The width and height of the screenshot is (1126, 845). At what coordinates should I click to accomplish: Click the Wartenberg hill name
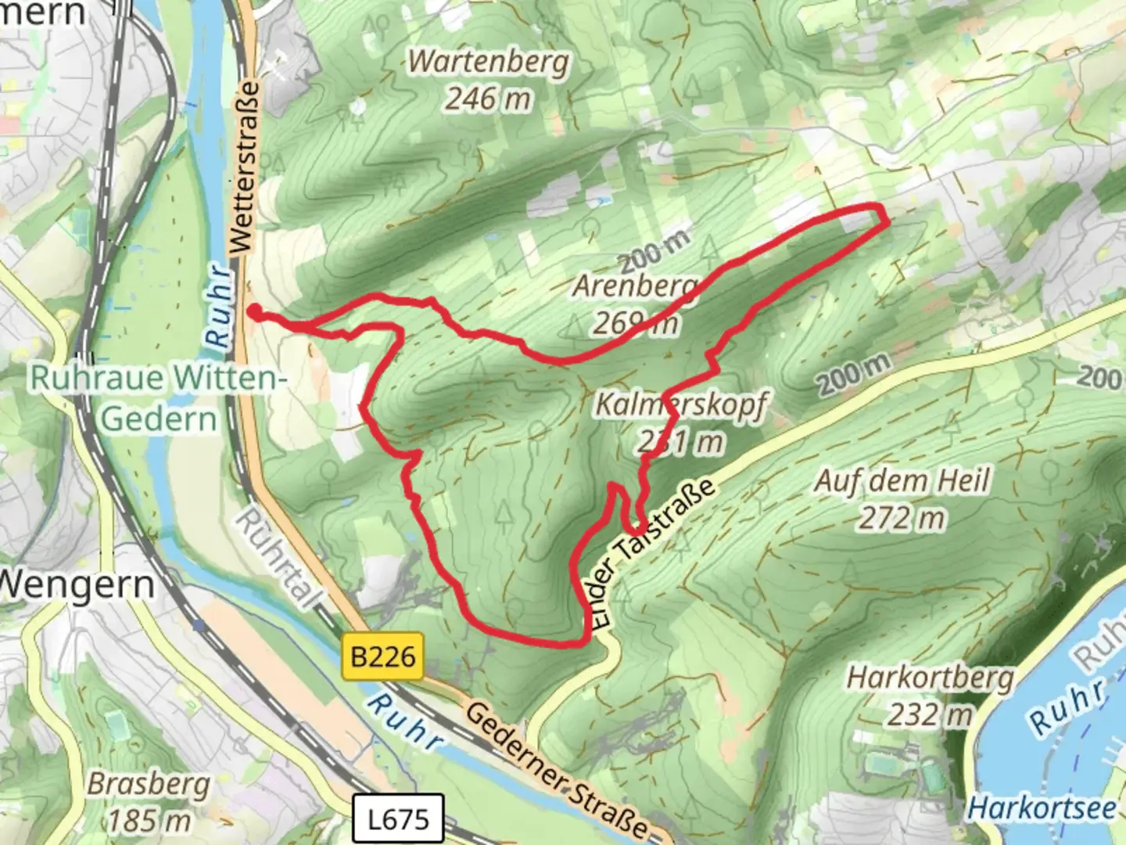(x=489, y=61)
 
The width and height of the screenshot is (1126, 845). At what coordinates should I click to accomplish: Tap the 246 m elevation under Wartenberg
(x=489, y=99)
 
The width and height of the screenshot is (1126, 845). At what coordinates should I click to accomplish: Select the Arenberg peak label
(x=635, y=286)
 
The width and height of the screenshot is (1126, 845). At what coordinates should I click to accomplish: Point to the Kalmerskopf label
(x=681, y=405)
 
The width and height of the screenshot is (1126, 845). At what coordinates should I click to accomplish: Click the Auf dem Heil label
(x=902, y=480)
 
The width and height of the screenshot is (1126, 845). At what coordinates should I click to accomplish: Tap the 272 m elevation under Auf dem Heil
(x=902, y=518)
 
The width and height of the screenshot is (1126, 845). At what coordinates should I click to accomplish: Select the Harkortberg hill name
(x=930, y=678)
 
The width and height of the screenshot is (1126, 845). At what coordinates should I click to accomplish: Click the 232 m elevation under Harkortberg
(x=930, y=714)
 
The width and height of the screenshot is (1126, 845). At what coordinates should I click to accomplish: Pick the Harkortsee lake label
(x=1042, y=808)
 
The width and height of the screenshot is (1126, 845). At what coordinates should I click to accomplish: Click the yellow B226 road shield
(x=382, y=656)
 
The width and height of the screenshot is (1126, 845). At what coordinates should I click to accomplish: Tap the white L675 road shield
(x=398, y=819)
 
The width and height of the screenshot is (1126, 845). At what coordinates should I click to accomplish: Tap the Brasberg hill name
(x=149, y=784)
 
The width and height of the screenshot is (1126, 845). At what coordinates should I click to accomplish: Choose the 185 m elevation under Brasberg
(x=149, y=821)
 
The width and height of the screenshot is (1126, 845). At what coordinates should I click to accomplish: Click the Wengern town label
(x=77, y=584)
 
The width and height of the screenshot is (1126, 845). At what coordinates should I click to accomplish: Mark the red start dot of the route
(x=255, y=312)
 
